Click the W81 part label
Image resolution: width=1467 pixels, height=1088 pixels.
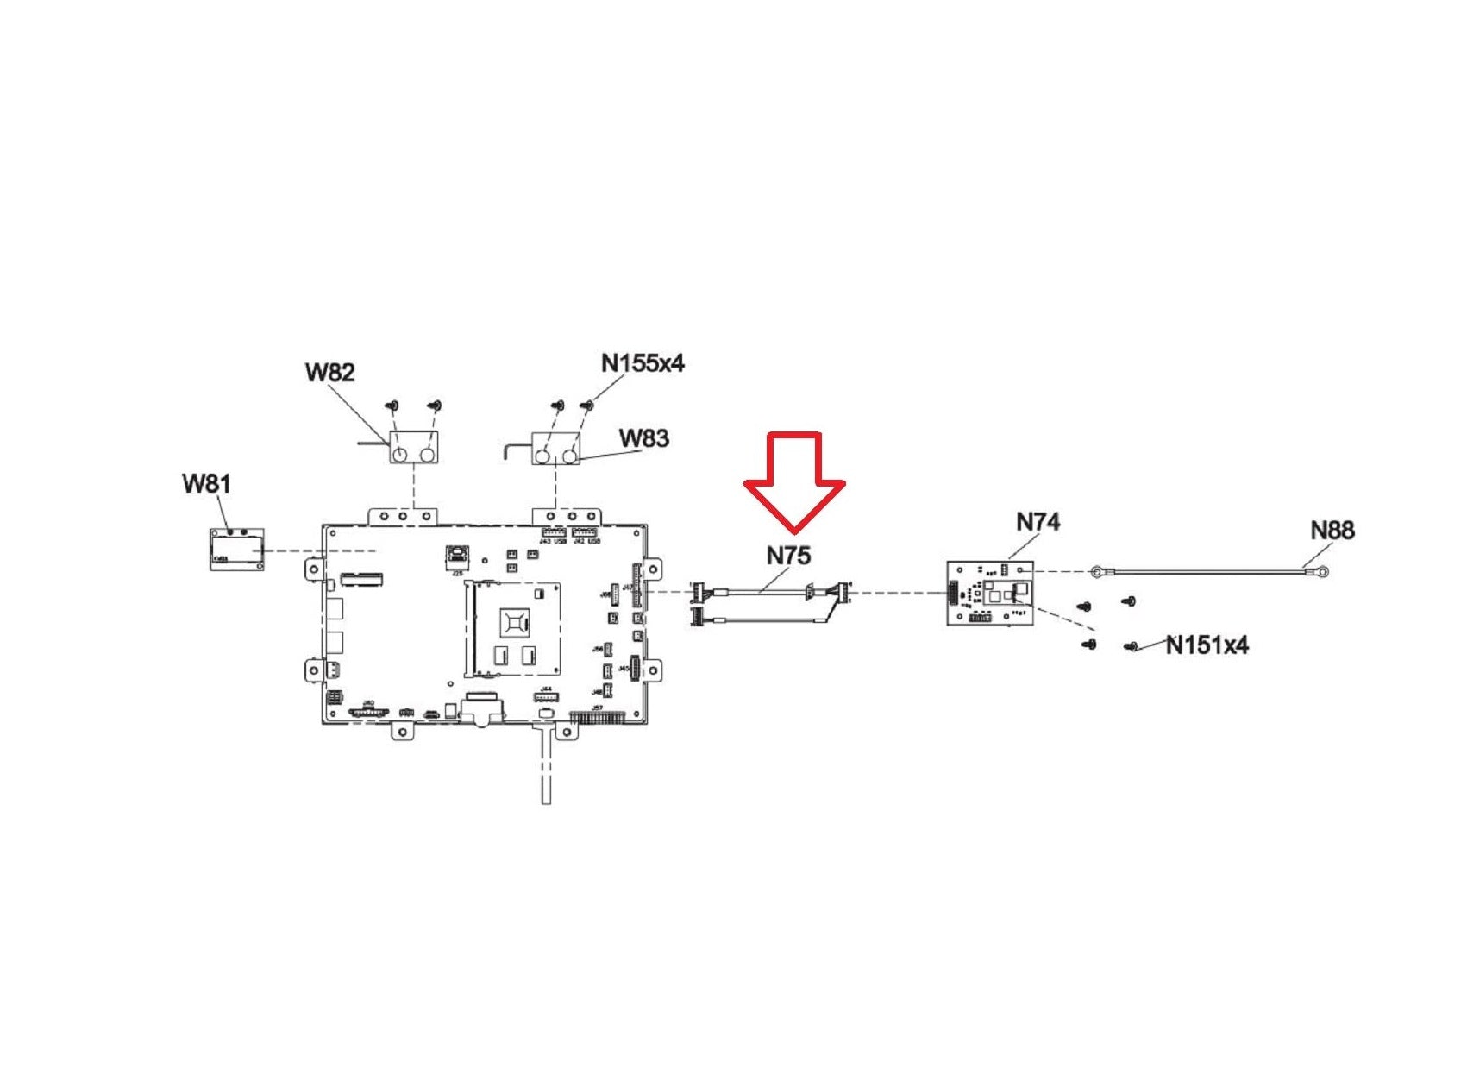[206, 483]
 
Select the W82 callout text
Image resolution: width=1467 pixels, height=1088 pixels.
[329, 372]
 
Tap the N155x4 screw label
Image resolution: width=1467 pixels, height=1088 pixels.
[643, 363]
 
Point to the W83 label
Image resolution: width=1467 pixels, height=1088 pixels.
[643, 438]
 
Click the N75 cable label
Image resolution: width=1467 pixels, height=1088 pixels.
[788, 556]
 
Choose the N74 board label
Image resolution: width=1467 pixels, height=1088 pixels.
[1038, 522]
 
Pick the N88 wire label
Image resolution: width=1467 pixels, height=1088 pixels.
[1332, 530]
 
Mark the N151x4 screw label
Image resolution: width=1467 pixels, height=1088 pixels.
[1207, 645]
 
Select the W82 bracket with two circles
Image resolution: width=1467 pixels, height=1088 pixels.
[415, 449]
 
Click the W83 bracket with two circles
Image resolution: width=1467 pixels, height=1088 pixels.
[556, 449]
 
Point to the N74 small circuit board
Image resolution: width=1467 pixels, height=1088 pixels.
[989, 592]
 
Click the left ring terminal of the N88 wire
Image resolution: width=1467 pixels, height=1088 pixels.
[1097, 570]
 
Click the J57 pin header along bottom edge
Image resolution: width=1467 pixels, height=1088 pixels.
[597, 716]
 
